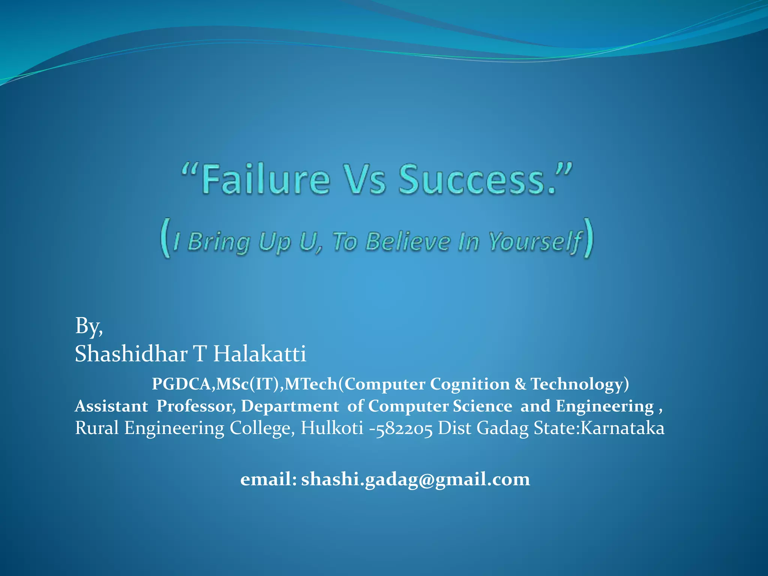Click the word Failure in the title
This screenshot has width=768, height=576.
point(265,180)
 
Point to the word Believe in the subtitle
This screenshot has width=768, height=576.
point(408,241)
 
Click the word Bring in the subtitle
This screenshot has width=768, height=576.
point(219,241)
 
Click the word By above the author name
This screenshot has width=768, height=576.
point(88,326)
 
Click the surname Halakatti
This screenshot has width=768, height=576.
point(259,354)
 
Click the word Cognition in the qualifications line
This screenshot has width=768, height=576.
point(470,384)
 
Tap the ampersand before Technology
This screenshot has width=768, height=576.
point(520,384)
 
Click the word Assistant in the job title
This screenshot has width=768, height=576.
point(111,406)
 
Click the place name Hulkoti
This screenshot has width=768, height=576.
point(332,428)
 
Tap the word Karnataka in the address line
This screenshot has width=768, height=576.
point(622,428)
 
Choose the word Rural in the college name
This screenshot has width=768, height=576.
point(97,428)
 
